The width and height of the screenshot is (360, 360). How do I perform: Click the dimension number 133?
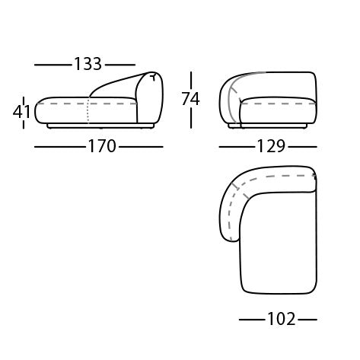pos(88,64)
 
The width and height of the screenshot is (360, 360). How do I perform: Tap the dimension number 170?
pos(102,146)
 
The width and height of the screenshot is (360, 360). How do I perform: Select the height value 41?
pos(21,112)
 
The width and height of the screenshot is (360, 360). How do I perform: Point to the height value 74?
pos(190,99)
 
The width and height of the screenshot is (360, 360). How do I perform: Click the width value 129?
pos(271,146)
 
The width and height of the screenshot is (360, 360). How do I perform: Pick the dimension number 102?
pos(282,319)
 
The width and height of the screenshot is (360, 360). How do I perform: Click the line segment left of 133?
pos(53,65)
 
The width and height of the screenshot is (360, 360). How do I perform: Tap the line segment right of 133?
pos(120,65)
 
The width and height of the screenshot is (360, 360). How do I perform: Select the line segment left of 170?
pos(60,147)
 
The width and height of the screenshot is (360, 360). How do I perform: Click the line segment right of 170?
pos(141,147)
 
